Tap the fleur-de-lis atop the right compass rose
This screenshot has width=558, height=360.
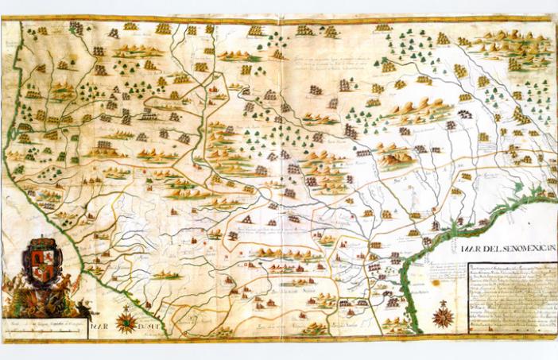point(444,304)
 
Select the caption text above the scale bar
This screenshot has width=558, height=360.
point(44,326)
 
